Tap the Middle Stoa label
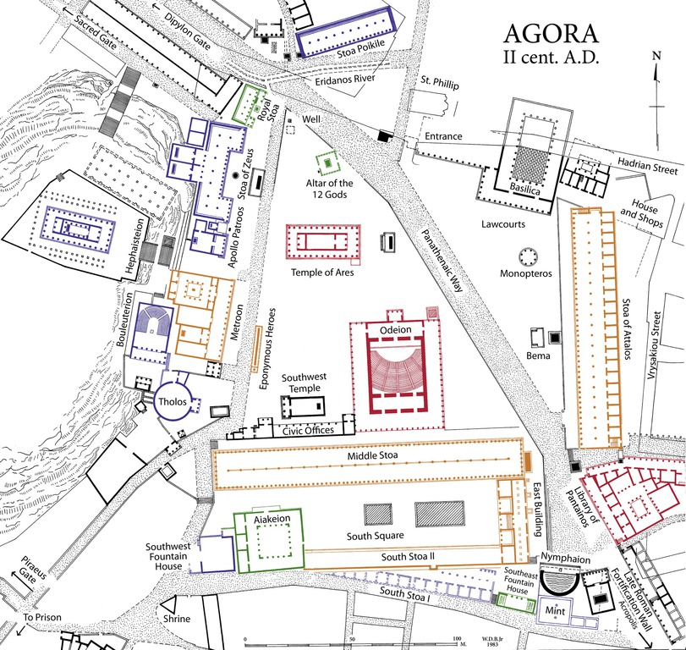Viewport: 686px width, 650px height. [370, 456]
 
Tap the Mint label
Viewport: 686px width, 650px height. [556, 609]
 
